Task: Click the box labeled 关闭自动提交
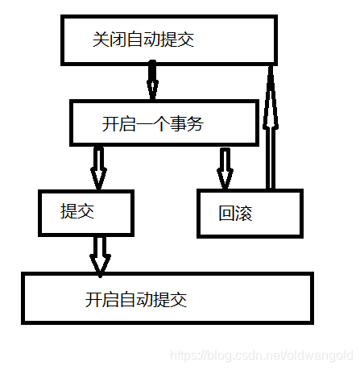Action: point(169,39)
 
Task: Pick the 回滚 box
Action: point(249,213)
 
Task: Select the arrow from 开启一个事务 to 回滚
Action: point(225,168)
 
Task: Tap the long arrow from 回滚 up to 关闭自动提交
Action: point(271,129)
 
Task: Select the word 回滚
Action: point(235,214)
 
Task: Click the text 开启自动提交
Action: point(135,300)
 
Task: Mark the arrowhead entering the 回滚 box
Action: point(225,181)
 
